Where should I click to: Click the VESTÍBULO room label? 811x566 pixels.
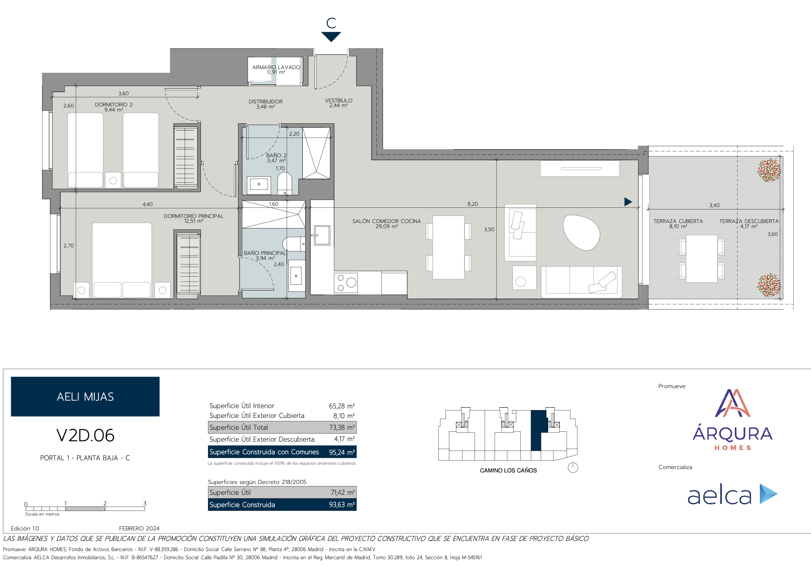pos(338,100)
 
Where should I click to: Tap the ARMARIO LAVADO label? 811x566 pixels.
pos(276,67)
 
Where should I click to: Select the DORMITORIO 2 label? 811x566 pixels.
pos(114,105)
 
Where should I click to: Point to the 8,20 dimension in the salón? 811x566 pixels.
pos(473,204)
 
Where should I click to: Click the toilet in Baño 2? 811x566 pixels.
pos(285,183)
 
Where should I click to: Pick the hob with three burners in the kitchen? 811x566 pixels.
pos(346,282)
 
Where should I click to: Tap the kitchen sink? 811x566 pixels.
pos(322,235)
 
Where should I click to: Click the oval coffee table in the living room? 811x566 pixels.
pos(581,232)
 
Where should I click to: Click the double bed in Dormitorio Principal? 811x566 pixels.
pos(122,260)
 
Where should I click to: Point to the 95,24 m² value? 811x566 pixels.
pos(341,452)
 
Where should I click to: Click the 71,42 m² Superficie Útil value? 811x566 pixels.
pos(342,492)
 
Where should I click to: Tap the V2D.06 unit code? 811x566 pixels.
pos(85,435)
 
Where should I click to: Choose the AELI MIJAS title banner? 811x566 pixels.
pos(85,397)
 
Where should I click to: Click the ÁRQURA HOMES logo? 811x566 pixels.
pos(733,420)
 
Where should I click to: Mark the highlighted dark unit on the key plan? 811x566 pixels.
pos(538,430)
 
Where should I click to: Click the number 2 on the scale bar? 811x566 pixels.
pos(105,503)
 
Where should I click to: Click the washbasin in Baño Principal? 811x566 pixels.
pos(296,276)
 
